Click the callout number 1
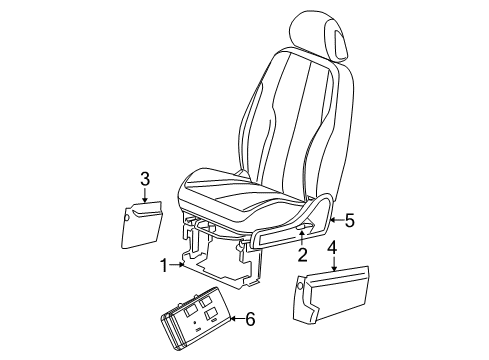click(164, 266)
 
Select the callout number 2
click(302, 255)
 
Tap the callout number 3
click(145, 179)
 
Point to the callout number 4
click(333, 248)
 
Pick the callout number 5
click(349, 220)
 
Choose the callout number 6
click(250, 319)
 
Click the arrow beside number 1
click(177, 265)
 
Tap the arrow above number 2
click(301, 239)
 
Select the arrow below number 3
click(145, 195)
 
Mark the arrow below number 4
click(334, 263)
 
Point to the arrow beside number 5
click(336, 220)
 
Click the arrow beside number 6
click(237, 319)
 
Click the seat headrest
click(318, 36)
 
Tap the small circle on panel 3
click(126, 218)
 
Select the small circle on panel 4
click(299, 286)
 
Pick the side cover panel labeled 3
click(142, 225)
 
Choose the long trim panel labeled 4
click(331, 294)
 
